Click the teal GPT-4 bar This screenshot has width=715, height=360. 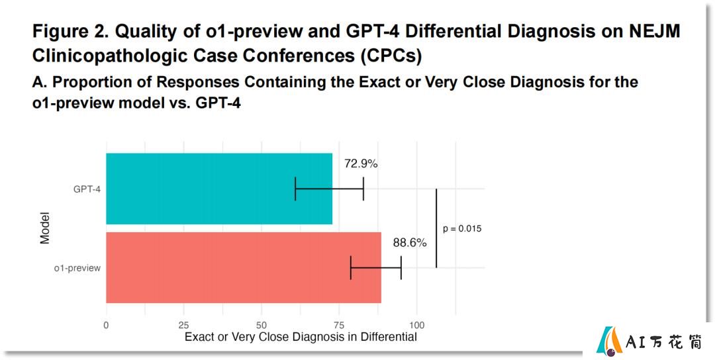click(219, 189)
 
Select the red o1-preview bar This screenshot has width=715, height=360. click(244, 267)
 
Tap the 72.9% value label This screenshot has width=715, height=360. click(361, 164)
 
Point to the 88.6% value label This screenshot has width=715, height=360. click(410, 243)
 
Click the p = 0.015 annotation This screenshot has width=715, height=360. click(462, 229)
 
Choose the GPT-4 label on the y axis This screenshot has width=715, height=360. click(87, 189)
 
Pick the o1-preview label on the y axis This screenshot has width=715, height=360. click(77, 269)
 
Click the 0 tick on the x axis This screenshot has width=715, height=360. click(106, 326)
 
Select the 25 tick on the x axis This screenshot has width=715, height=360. click(184, 326)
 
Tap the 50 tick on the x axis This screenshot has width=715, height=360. click(262, 326)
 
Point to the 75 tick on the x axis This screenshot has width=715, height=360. click(339, 326)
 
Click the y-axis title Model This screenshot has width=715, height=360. click(45, 228)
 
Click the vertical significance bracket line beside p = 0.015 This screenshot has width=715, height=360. click(436, 228)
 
